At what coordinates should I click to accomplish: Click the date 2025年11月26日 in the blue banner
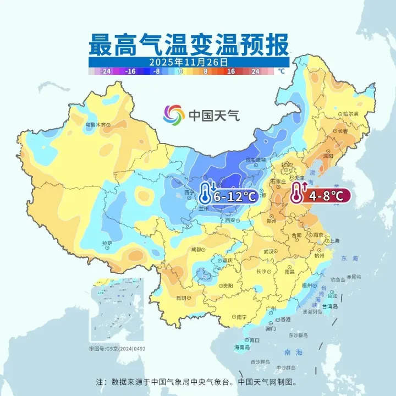tap(189, 62)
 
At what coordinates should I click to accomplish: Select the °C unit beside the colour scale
tap(281, 71)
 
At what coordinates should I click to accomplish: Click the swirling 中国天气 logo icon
tap(174, 115)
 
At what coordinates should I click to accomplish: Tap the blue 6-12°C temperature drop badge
tap(235, 195)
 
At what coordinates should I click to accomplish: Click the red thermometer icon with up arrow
tap(297, 194)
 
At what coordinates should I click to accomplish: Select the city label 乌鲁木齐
tap(95, 125)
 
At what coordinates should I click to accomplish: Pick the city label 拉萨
tap(107, 243)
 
